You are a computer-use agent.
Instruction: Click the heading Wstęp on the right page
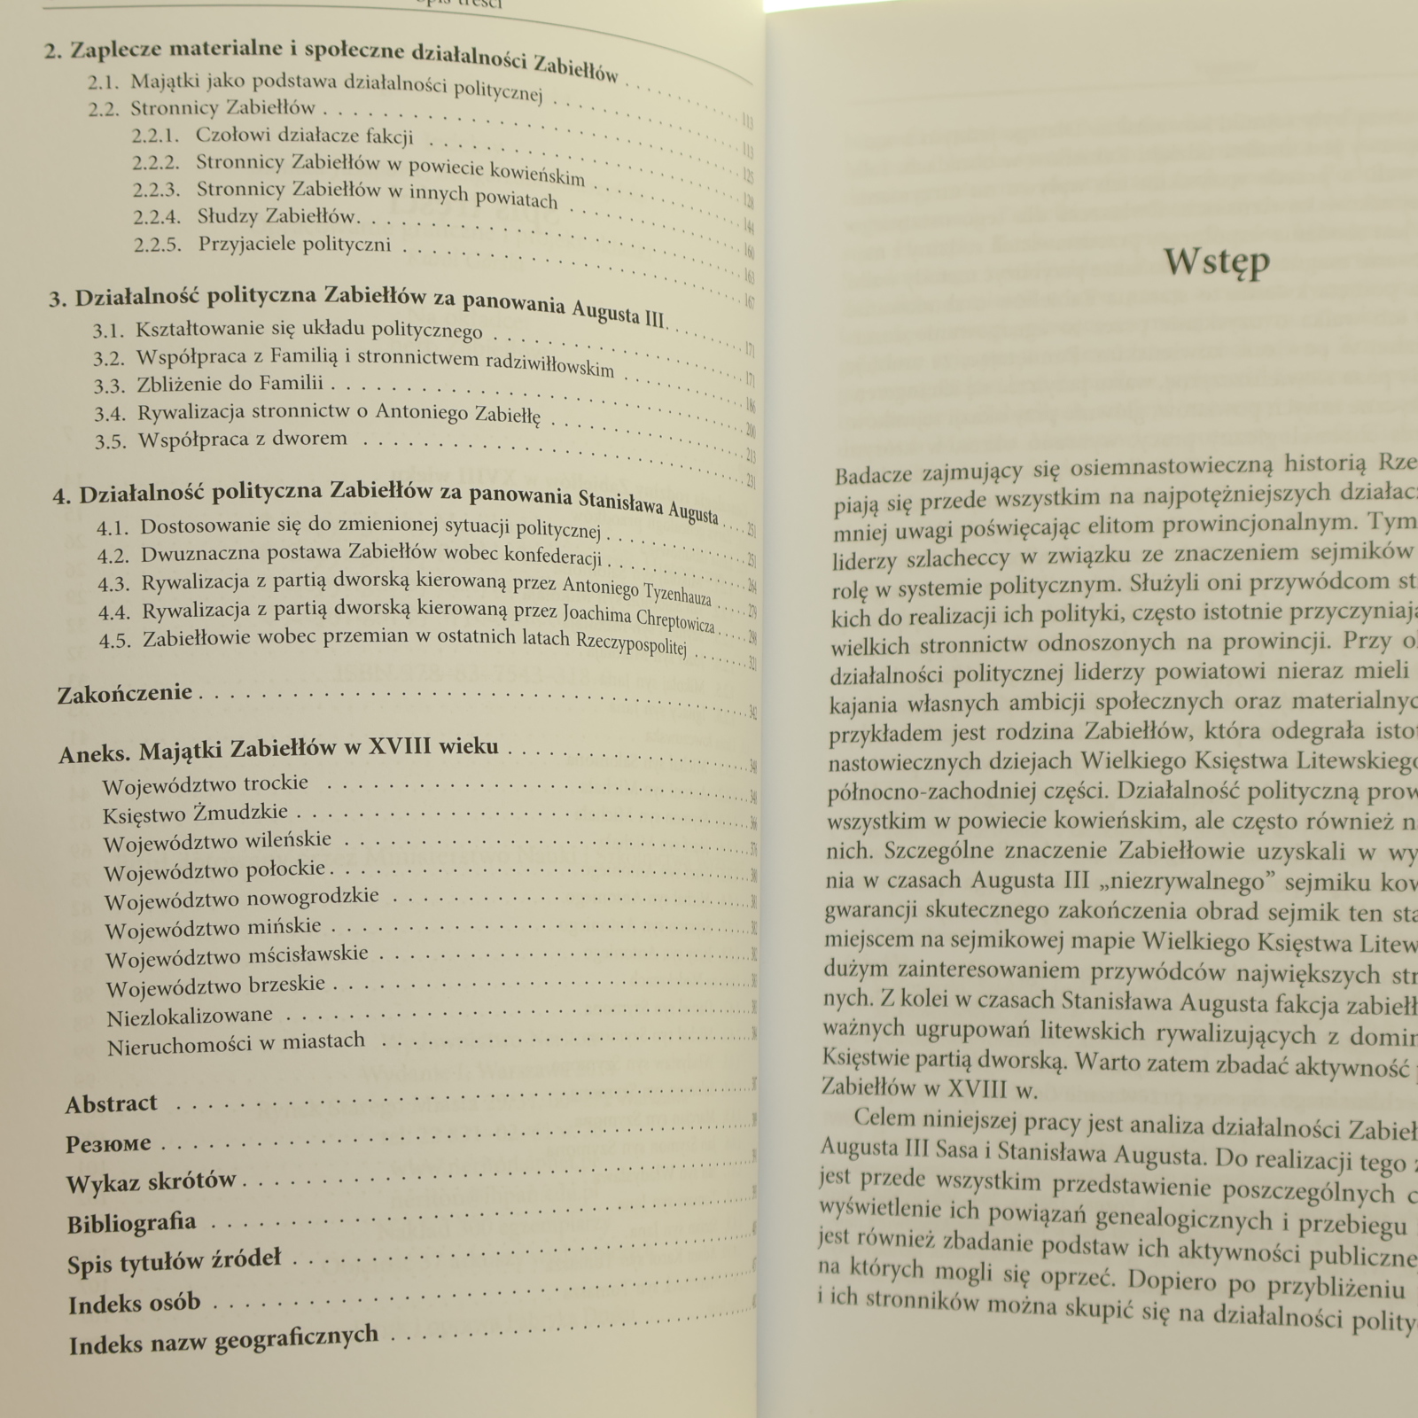pos(1216,262)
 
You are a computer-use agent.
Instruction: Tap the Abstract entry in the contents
pos(111,1104)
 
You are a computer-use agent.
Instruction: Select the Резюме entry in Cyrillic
pos(108,1144)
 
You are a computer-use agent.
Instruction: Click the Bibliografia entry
pos(131,1224)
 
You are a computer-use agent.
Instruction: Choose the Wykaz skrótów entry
pos(152,1182)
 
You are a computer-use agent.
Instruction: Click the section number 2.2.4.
pos(157,217)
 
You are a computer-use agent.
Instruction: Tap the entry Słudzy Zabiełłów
pos(277,216)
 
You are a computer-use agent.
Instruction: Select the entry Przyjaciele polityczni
pos(294,245)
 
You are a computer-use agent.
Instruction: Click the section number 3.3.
pos(110,386)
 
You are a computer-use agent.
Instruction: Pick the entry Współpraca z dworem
pos(243,439)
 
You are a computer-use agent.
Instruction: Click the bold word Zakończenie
pos(125,694)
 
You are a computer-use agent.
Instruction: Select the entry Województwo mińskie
pos(213,929)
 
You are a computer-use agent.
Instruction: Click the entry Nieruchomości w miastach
pos(236,1044)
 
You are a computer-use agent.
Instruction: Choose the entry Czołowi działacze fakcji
pos(304,136)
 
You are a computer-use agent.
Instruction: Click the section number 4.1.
pos(113,528)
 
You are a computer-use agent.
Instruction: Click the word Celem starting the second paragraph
pos(885,1118)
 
